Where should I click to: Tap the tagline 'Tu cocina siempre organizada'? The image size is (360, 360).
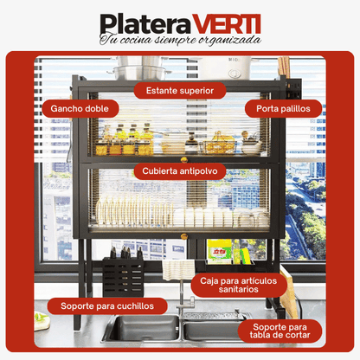click(179, 41)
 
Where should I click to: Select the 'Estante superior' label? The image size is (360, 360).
click(179, 89)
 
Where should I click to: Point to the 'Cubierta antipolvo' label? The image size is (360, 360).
click(180, 170)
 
